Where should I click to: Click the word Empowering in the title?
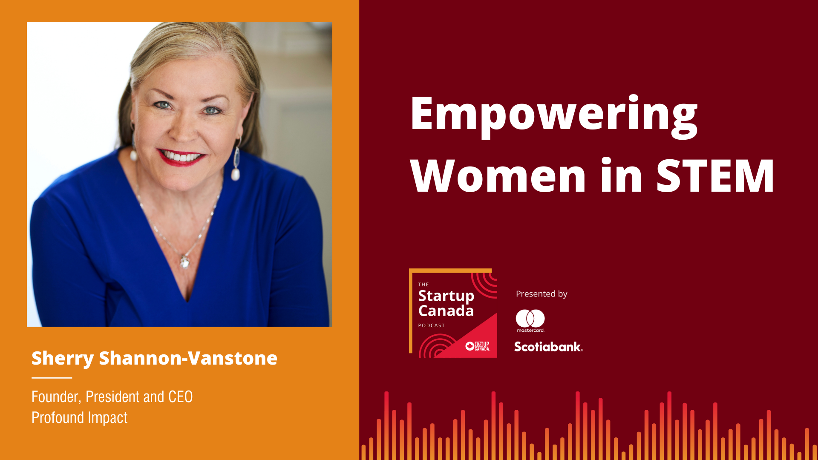point(554,116)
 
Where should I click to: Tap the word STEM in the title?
point(715,175)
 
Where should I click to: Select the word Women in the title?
point(498,175)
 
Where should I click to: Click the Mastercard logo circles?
point(530,318)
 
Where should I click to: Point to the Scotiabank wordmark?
point(548,347)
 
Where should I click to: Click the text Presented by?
point(541,294)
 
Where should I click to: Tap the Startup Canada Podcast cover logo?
point(453,313)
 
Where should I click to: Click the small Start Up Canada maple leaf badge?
point(478,346)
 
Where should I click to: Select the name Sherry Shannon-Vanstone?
point(154,359)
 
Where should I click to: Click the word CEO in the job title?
point(180,397)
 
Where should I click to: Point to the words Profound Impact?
point(80,418)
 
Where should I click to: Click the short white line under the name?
point(52,378)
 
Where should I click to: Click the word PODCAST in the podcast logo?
point(432,325)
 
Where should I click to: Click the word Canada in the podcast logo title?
point(446,311)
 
